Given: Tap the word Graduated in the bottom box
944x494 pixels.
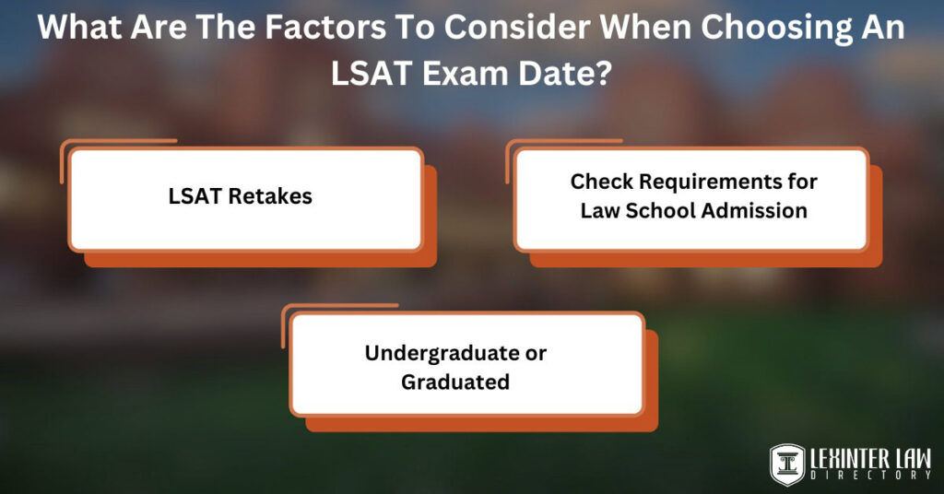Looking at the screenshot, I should (455, 382).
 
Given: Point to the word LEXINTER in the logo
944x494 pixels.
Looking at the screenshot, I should (848, 457).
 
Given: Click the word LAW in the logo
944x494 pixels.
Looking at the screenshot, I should (911, 457).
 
